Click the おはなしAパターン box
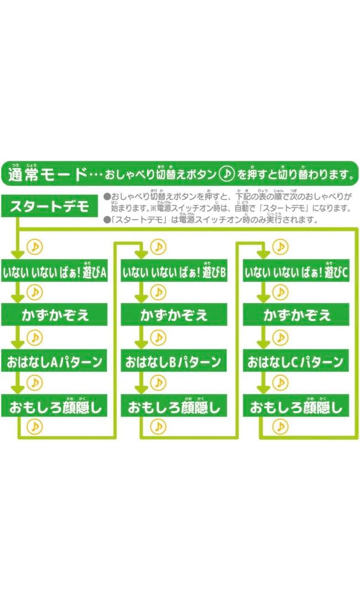pos(55,362)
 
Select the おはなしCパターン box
pos(297,362)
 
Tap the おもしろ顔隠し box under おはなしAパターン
pos(55,407)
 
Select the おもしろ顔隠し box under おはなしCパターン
pos(297,407)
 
